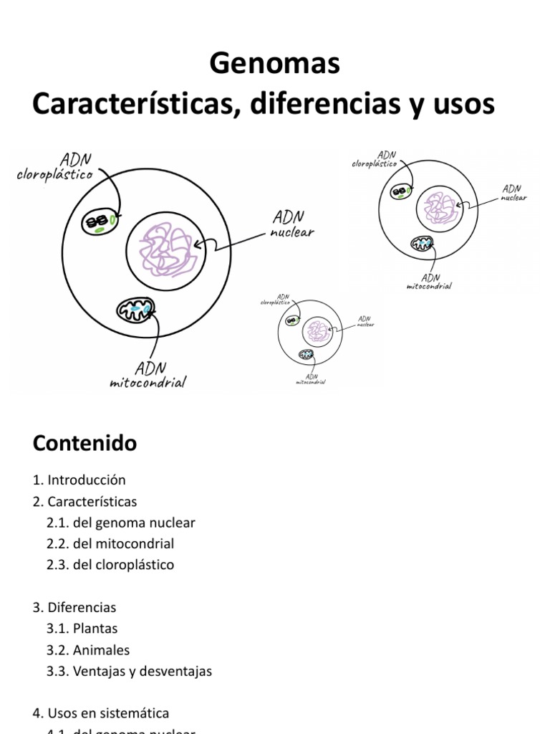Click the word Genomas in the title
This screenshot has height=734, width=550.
[274, 65]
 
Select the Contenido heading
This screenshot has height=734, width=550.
[85, 444]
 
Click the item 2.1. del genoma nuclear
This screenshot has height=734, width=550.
[120, 523]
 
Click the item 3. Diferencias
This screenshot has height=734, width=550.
[74, 607]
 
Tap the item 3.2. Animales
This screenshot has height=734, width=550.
[87, 650]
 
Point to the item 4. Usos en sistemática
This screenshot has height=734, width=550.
[101, 693]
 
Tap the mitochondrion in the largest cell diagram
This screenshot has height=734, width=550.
[136, 310]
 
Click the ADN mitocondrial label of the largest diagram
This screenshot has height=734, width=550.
[148, 376]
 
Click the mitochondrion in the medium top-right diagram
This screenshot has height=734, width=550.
[423, 243]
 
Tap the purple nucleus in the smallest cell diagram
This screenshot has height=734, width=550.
[316, 330]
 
